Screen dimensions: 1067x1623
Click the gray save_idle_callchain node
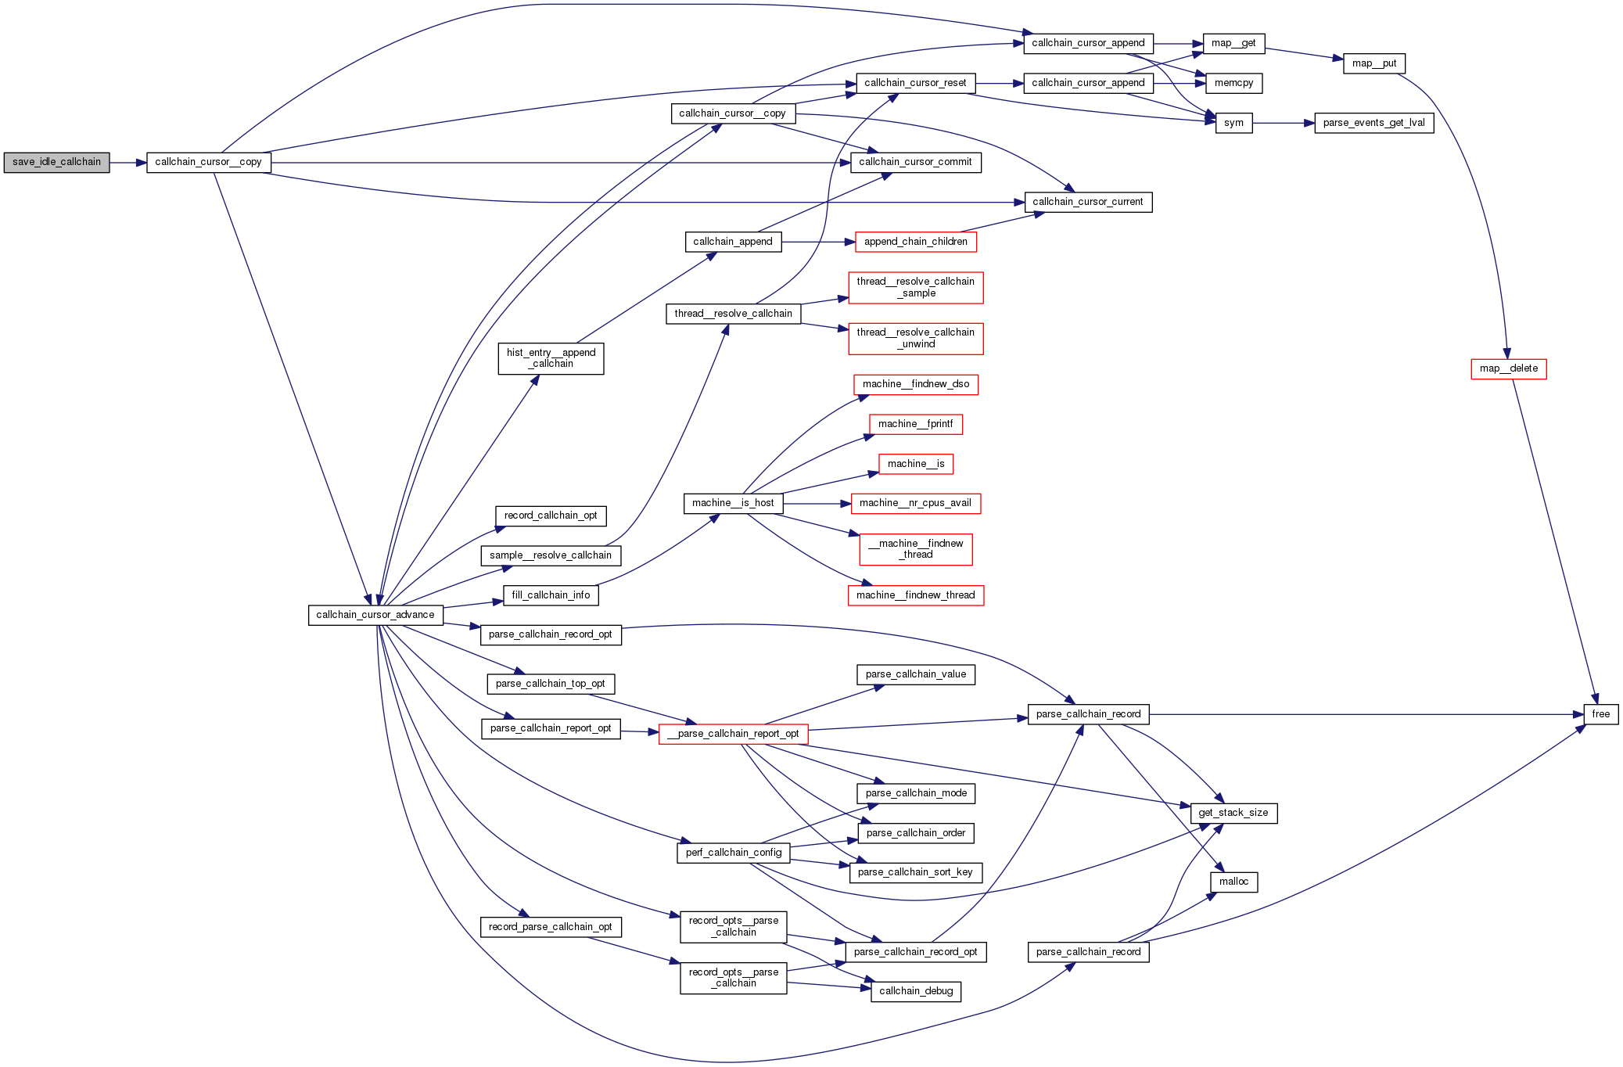pyautogui.click(x=56, y=163)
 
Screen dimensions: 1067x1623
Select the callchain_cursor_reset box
pyautogui.click(x=915, y=83)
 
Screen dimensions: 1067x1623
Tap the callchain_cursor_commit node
pyautogui.click(x=915, y=163)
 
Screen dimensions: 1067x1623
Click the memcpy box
pyautogui.click(x=1233, y=83)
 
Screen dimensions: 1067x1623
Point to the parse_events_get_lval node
pyautogui.click(x=1373, y=123)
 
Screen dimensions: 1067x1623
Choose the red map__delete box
pyautogui.click(x=1508, y=368)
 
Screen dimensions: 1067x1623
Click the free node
pyautogui.click(x=1600, y=714)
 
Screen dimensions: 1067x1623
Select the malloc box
pyautogui.click(x=1233, y=882)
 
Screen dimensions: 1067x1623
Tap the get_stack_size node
pyautogui.click(x=1233, y=813)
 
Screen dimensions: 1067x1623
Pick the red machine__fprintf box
pyautogui.click(x=915, y=424)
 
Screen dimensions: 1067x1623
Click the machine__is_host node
pyautogui.click(x=733, y=503)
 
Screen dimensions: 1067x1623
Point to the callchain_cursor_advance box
pyautogui.click(x=375, y=615)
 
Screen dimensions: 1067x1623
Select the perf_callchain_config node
pyautogui.click(x=733, y=853)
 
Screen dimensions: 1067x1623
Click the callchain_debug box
pyautogui.click(x=915, y=991)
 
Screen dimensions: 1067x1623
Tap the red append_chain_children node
pyautogui.click(x=915, y=242)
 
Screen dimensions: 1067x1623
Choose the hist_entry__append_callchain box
pyautogui.click(x=551, y=358)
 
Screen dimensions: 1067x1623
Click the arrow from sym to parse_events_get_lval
pyautogui.click(x=1283, y=123)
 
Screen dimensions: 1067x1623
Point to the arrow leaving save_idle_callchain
pyautogui.click(x=128, y=163)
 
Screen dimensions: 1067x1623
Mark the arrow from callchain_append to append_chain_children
pyautogui.click(x=818, y=242)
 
